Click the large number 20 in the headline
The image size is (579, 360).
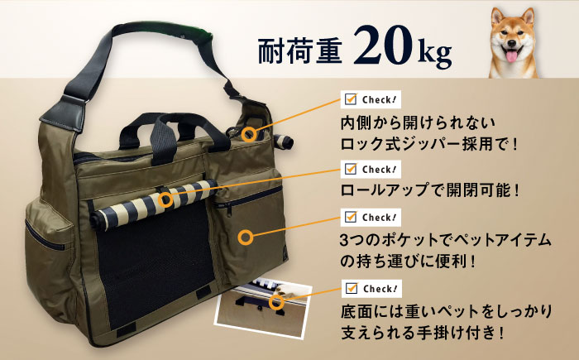tap(382, 45)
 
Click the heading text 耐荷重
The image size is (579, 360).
tap(299, 50)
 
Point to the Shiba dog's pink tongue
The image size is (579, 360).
tap(511, 56)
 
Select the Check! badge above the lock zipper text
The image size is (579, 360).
tap(371, 99)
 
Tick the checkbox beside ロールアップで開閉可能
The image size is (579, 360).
tap(350, 169)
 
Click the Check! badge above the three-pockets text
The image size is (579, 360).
tap(371, 217)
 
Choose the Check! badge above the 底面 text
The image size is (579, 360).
tap(371, 288)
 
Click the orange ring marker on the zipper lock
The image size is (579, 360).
tap(249, 134)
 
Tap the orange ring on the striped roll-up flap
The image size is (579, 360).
tap(165, 200)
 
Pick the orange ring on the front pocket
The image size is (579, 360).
tap(246, 238)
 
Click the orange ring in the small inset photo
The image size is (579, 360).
tap(276, 302)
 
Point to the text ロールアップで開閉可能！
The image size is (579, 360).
tap(430, 190)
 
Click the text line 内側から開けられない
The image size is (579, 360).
tap(418, 122)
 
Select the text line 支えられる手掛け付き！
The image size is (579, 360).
tap(422, 333)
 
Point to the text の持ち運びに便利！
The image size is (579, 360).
tap(407, 262)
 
